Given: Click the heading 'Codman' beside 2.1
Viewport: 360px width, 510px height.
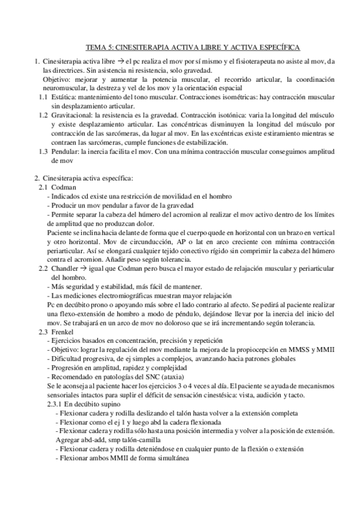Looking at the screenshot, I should [63, 187].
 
